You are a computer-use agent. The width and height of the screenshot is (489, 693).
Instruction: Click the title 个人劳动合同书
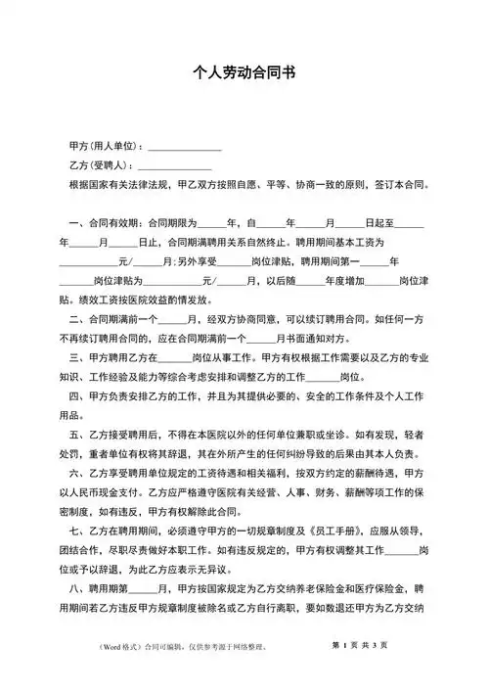[244, 72]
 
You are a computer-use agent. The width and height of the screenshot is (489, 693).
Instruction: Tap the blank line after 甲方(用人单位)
[185, 145]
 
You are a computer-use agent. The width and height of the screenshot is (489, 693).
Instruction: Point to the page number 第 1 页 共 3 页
[359, 671]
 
